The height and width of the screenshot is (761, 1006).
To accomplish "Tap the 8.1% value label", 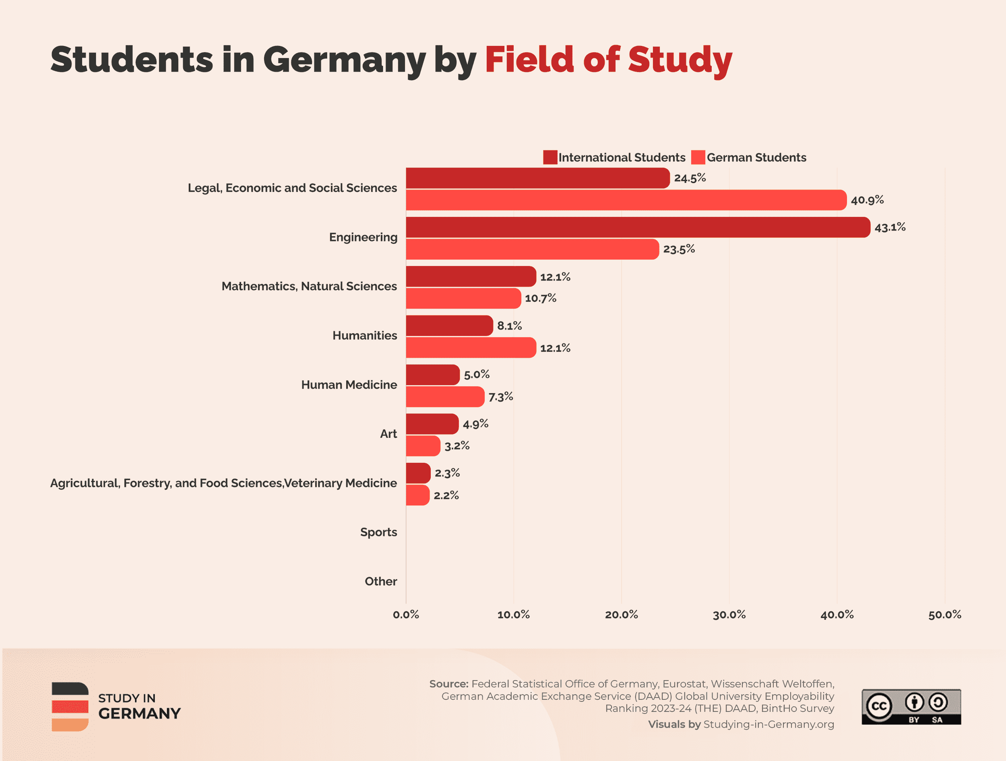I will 509,326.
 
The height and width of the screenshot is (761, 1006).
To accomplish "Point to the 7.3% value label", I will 501,397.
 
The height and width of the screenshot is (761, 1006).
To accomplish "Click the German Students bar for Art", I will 423,446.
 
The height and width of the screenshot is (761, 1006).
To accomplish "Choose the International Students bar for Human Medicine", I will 432,375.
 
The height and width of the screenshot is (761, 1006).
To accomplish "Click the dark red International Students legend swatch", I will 550,157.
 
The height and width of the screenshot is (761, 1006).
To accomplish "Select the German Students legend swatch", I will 698,157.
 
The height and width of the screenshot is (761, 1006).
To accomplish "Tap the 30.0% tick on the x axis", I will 729,615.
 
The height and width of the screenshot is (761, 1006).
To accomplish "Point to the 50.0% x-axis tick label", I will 944,615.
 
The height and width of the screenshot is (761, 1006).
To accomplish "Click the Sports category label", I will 378,532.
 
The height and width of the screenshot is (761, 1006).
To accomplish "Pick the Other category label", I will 381,582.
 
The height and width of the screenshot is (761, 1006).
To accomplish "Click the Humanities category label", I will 365,336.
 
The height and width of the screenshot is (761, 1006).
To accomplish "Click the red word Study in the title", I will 680,60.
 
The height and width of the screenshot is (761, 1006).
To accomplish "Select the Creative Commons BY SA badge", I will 911,707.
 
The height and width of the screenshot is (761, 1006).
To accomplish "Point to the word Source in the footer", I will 448,684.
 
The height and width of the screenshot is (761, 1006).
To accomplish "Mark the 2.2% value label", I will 446,495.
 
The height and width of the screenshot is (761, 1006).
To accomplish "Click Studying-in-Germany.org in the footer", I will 768,724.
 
